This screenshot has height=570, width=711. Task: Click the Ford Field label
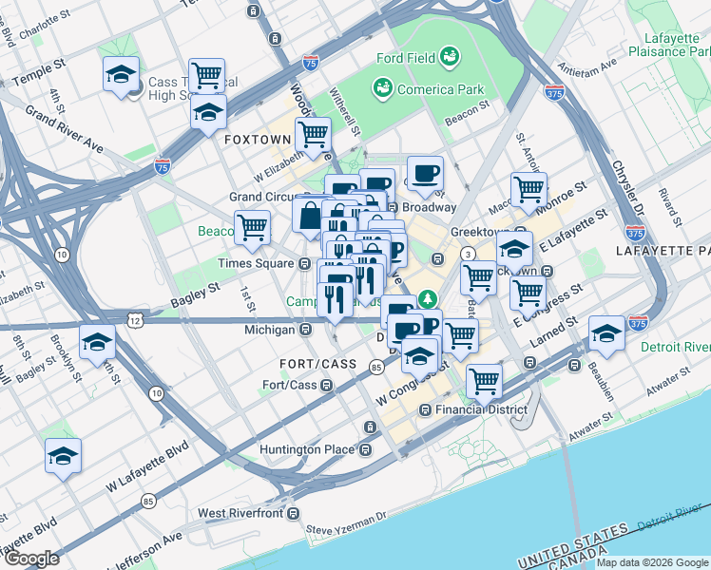click(406, 58)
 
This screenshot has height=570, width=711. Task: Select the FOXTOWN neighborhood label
click(256, 139)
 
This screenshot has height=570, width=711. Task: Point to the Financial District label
click(480, 409)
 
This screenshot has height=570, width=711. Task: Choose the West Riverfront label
click(240, 514)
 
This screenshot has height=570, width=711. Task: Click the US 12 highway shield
click(139, 321)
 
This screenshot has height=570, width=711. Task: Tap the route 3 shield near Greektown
click(469, 254)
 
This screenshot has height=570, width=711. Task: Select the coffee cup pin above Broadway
click(425, 174)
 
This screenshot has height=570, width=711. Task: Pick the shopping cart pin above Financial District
click(484, 381)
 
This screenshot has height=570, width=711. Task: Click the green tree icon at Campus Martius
click(430, 299)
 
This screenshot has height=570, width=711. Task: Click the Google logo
click(31, 559)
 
